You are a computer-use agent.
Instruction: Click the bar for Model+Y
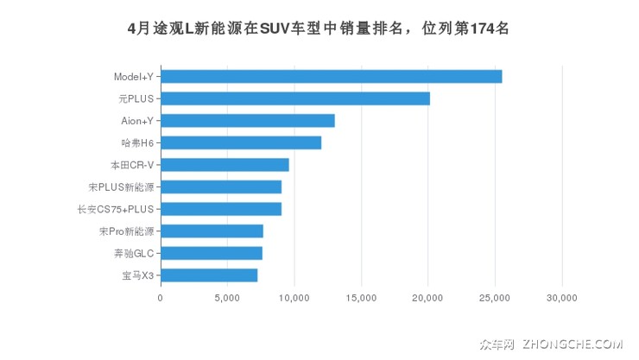coord(331,76)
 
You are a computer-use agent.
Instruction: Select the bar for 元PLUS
coord(294,98)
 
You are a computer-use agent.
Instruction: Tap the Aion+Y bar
coord(247,121)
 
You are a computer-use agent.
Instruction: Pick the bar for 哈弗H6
coord(240,142)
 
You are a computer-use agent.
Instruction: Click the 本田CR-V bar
coord(225,165)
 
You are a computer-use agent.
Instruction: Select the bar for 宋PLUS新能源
coord(220,186)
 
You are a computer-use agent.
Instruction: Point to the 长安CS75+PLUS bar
coord(220,209)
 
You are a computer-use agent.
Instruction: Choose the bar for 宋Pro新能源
coord(212,231)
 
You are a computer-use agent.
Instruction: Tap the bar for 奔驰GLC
coord(211,253)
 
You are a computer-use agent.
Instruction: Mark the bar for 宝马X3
coord(208,275)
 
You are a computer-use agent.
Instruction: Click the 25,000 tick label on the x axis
coord(495,298)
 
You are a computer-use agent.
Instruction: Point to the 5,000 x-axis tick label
coord(227,298)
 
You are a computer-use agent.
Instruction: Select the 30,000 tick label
coord(562,298)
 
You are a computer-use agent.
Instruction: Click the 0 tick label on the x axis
coord(160,298)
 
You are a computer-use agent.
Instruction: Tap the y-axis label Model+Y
coord(133,77)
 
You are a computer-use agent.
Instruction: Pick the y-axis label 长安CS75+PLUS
coord(115,209)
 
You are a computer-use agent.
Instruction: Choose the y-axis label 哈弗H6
coord(137,142)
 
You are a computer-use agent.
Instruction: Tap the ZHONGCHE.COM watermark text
coord(572,344)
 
